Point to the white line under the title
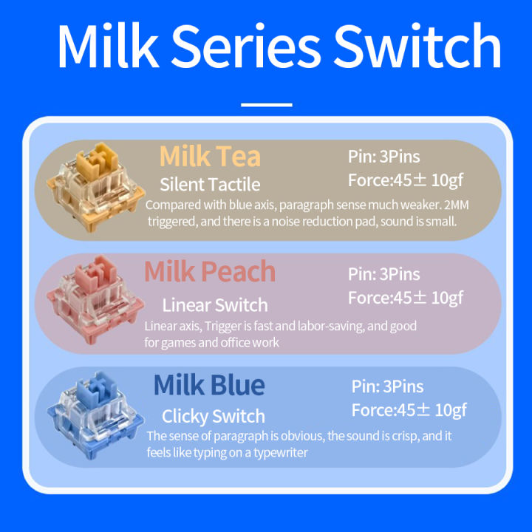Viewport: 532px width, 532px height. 266,105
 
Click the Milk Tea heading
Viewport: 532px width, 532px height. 210,156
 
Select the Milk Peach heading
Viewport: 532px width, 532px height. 210,271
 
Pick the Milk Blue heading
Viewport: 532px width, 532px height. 209,385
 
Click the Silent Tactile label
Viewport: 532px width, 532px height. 210,184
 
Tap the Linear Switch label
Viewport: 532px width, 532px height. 214,304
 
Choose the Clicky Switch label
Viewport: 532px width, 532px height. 213,416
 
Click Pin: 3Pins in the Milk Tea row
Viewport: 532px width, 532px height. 383,157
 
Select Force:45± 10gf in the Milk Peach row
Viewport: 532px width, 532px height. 406,298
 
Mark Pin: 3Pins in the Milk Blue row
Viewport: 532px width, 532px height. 387,386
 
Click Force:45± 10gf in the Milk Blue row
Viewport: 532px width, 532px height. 409,410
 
